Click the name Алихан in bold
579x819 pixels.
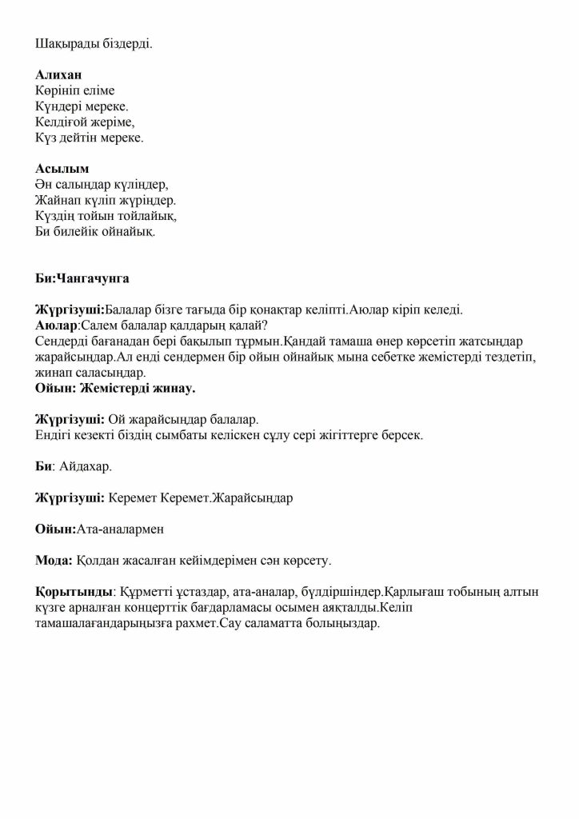(x=58, y=75)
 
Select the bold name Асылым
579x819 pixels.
(x=62, y=170)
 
